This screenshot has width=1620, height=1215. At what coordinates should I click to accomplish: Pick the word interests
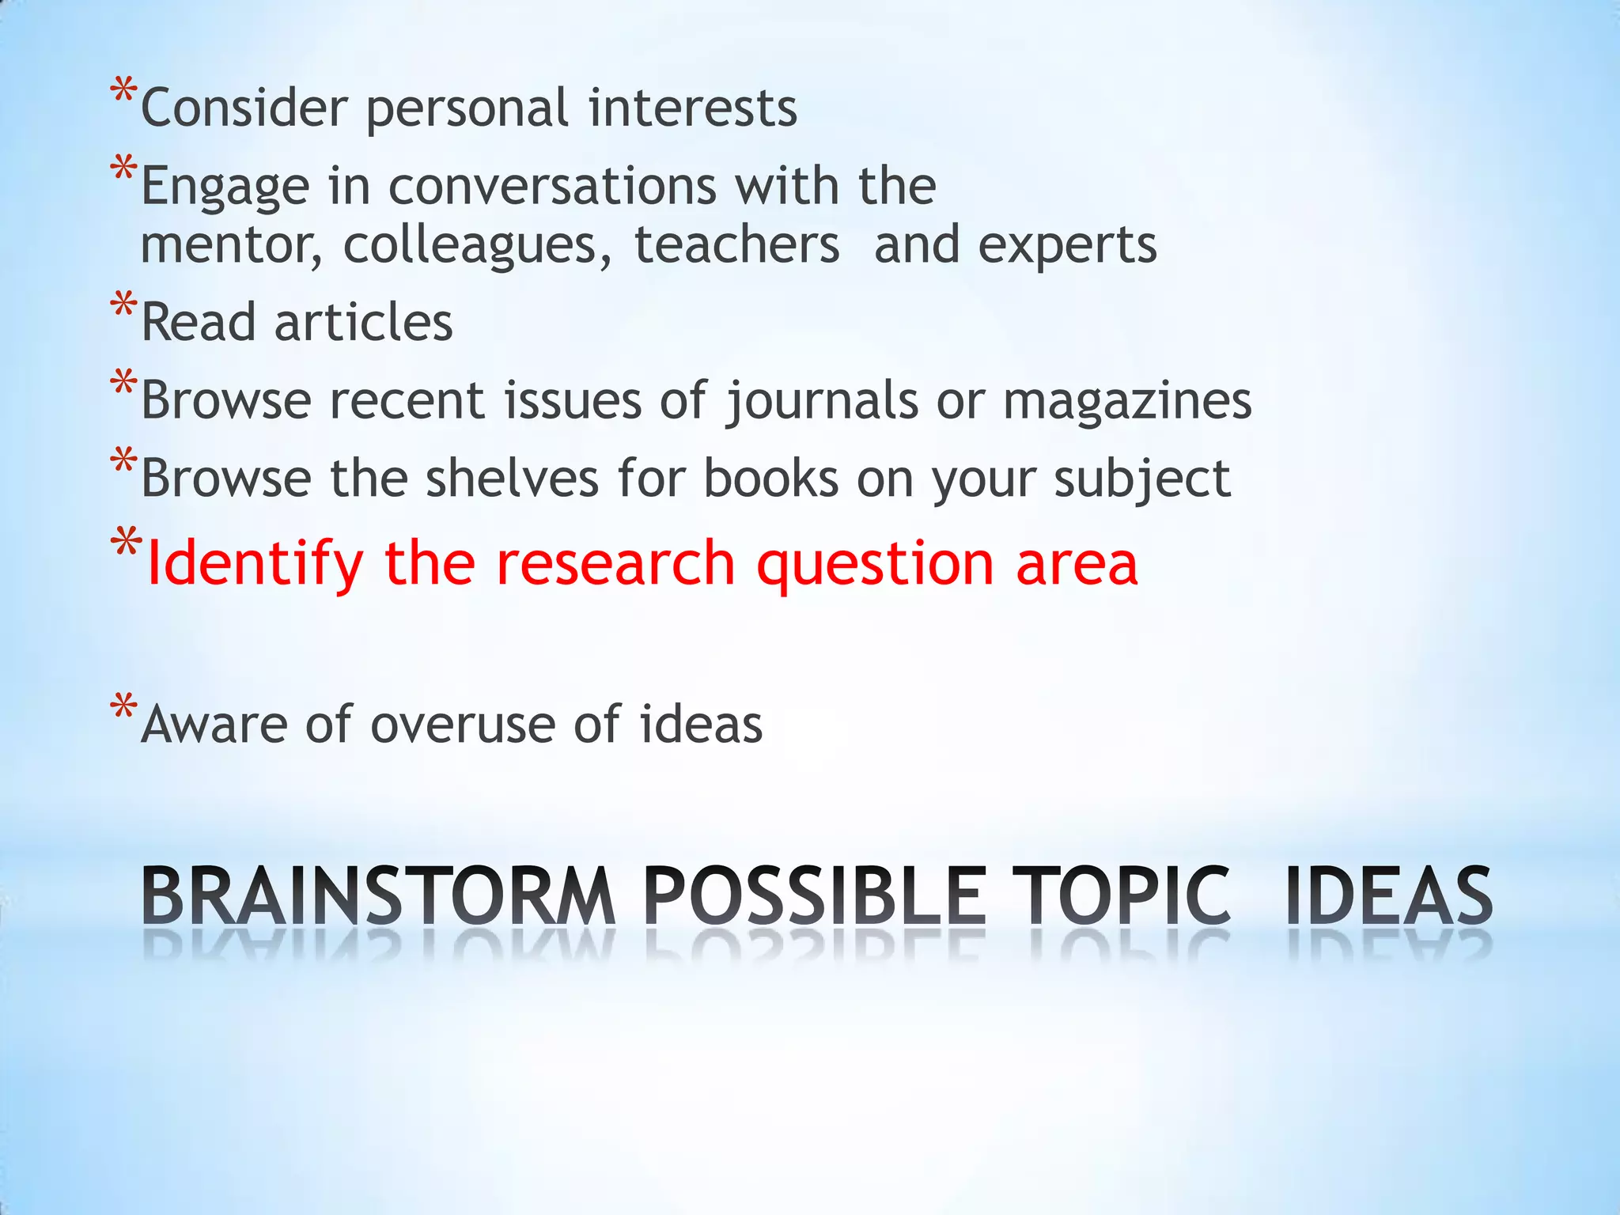coord(693,108)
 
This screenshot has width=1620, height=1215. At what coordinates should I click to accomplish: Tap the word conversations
coord(553,186)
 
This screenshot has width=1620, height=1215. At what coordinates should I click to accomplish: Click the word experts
coord(1067,245)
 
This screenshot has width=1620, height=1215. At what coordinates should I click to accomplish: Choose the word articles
coord(363,323)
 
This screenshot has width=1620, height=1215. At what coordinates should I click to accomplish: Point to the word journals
coord(823,400)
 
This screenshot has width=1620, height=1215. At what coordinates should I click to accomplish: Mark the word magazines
coord(1127,400)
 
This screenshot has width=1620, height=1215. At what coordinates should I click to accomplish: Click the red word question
coord(875,563)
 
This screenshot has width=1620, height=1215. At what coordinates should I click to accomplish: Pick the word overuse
coord(463,724)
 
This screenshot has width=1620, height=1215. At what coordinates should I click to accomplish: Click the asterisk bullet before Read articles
coord(123,305)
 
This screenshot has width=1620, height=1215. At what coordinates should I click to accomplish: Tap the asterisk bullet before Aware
coord(123,706)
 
